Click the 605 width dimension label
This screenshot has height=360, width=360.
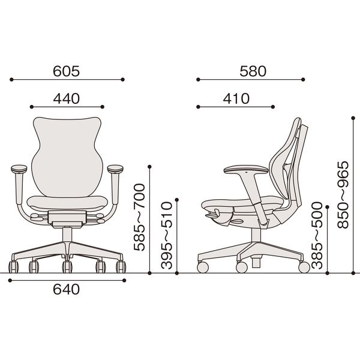click(x=67, y=71)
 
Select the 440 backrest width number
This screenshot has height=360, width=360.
click(x=67, y=99)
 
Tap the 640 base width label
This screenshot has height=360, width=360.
click(x=67, y=289)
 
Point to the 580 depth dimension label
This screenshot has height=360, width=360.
click(x=253, y=71)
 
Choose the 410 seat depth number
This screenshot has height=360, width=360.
click(x=236, y=99)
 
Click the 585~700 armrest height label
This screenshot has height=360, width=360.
click(x=140, y=217)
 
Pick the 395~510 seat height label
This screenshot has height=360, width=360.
click(x=166, y=235)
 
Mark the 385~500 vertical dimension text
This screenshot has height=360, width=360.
click(x=317, y=235)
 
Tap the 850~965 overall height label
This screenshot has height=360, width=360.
click(x=343, y=194)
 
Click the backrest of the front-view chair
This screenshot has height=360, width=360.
click(x=67, y=156)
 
